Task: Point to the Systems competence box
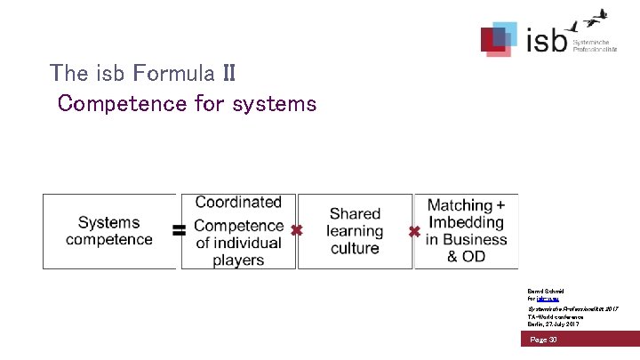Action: click(108, 231)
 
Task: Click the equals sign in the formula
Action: click(179, 230)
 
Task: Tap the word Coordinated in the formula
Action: click(238, 203)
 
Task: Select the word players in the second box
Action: click(238, 260)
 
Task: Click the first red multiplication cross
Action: click(297, 230)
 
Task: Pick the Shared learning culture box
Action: click(355, 231)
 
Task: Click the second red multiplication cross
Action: click(414, 231)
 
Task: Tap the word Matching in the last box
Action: click(460, 205)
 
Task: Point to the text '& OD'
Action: click(466, 257)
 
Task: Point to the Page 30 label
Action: click(543, 340)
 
